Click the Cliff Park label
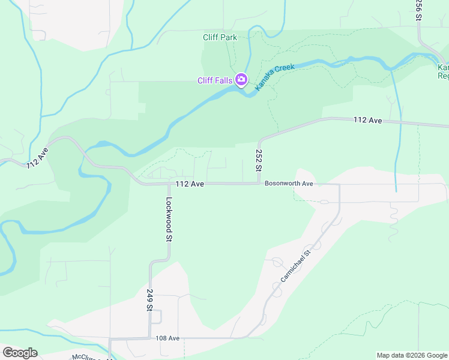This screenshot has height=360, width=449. click(220, 37)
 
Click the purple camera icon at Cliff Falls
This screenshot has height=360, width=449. click(241, 80)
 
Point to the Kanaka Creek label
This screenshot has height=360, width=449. click(275, 77)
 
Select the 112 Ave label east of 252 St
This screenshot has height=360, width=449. click(368, 121)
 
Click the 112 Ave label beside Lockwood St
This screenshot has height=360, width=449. click(190, 184)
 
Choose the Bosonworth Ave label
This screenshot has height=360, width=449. click(289, 184)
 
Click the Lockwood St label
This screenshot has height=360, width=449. click(169, 219)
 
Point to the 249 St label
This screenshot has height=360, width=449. click(149, 299)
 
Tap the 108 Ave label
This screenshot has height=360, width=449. click(167, 338)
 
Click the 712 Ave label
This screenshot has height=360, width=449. click(37, 157)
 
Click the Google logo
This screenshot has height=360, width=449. click(20, 352)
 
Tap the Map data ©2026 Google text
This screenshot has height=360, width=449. click(411, 355)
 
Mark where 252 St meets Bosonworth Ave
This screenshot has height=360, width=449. click(259, 184)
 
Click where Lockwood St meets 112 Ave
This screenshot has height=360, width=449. click(169, 184)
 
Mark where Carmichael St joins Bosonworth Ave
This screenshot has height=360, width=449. click(339, 185)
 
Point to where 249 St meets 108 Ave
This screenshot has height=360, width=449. click(149, 338)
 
